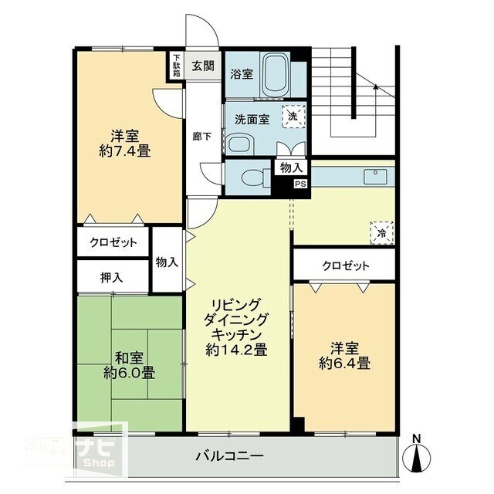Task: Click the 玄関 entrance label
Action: pyautogui.click(x=204, y=65)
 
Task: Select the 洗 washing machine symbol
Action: pyautogui.click(x=293, y=116)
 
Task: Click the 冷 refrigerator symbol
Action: pyautogui.click(x=381, y=232)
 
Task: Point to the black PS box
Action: pyautogui.click(x=299, y=184)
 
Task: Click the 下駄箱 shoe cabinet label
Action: pyautogui.click(x=177, y=65)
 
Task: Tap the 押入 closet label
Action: pyautogui.click(x=111, y=276)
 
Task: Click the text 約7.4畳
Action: pyautogui.click(x=124, y=151)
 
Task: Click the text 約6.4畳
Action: pyautogui.click(x=343, y=363)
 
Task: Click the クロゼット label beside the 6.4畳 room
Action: pyautogui.click(x=345, y=266)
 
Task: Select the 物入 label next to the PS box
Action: pyautogui.click(x=291, y=167)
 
